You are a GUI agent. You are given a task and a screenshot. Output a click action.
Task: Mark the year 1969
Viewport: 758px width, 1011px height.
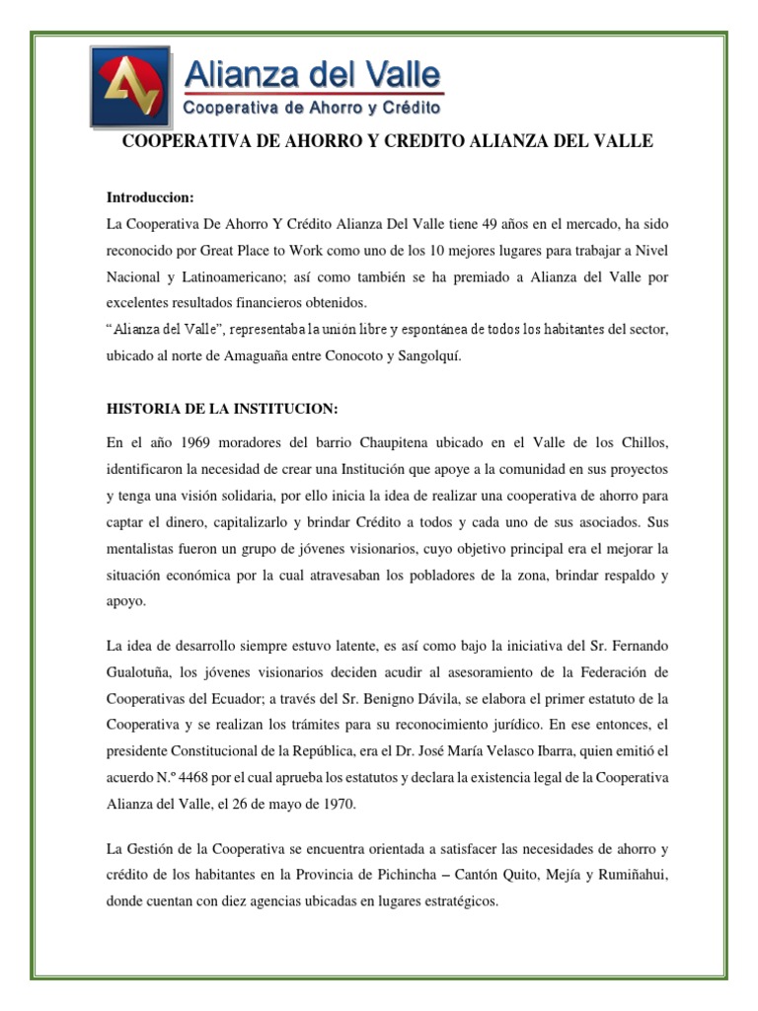[x=184, y=440]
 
